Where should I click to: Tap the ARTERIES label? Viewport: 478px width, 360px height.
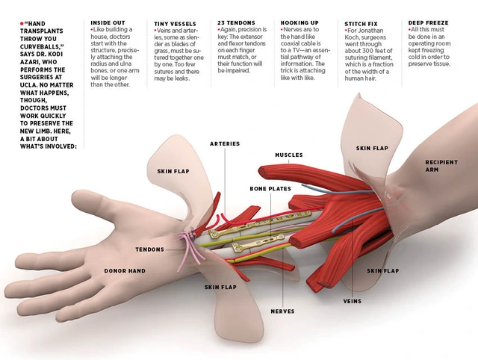(225, 143)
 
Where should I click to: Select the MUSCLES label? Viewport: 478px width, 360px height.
(288, 155)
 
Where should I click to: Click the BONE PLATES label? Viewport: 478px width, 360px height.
(270, 189)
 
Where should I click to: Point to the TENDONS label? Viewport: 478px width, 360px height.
(149, 249)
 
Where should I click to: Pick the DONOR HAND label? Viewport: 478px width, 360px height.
(125, 270)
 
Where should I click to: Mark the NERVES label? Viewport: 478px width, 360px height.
(282, 311)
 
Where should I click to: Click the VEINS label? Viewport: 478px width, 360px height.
(353, 301)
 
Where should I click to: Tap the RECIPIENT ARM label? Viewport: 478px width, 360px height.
(441, 166)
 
